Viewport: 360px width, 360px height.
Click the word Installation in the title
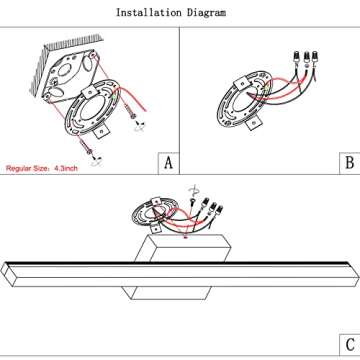[x=149, y=13]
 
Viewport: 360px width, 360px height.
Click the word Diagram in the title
[x=206, y=13]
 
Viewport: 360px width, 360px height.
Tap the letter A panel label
[x=169, y=163]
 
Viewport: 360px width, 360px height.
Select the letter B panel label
[x=350, y=163]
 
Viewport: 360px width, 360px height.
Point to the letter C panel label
[x=350, y=345]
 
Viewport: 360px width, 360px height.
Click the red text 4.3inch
[x=66, y=168]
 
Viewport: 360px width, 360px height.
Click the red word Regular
[x=19, y=168]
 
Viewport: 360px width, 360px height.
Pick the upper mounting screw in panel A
[x=130, y=112]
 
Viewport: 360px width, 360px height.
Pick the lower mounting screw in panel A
[x=87, y=147]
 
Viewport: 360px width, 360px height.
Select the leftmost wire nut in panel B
[x=296, y=56]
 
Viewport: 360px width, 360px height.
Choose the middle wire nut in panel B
[x=306, y=57]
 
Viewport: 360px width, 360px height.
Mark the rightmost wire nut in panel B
[x=314, y=56]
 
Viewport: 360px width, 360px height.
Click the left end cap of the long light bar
[x=8, y=274]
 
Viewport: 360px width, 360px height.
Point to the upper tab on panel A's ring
[x=87, y=92]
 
